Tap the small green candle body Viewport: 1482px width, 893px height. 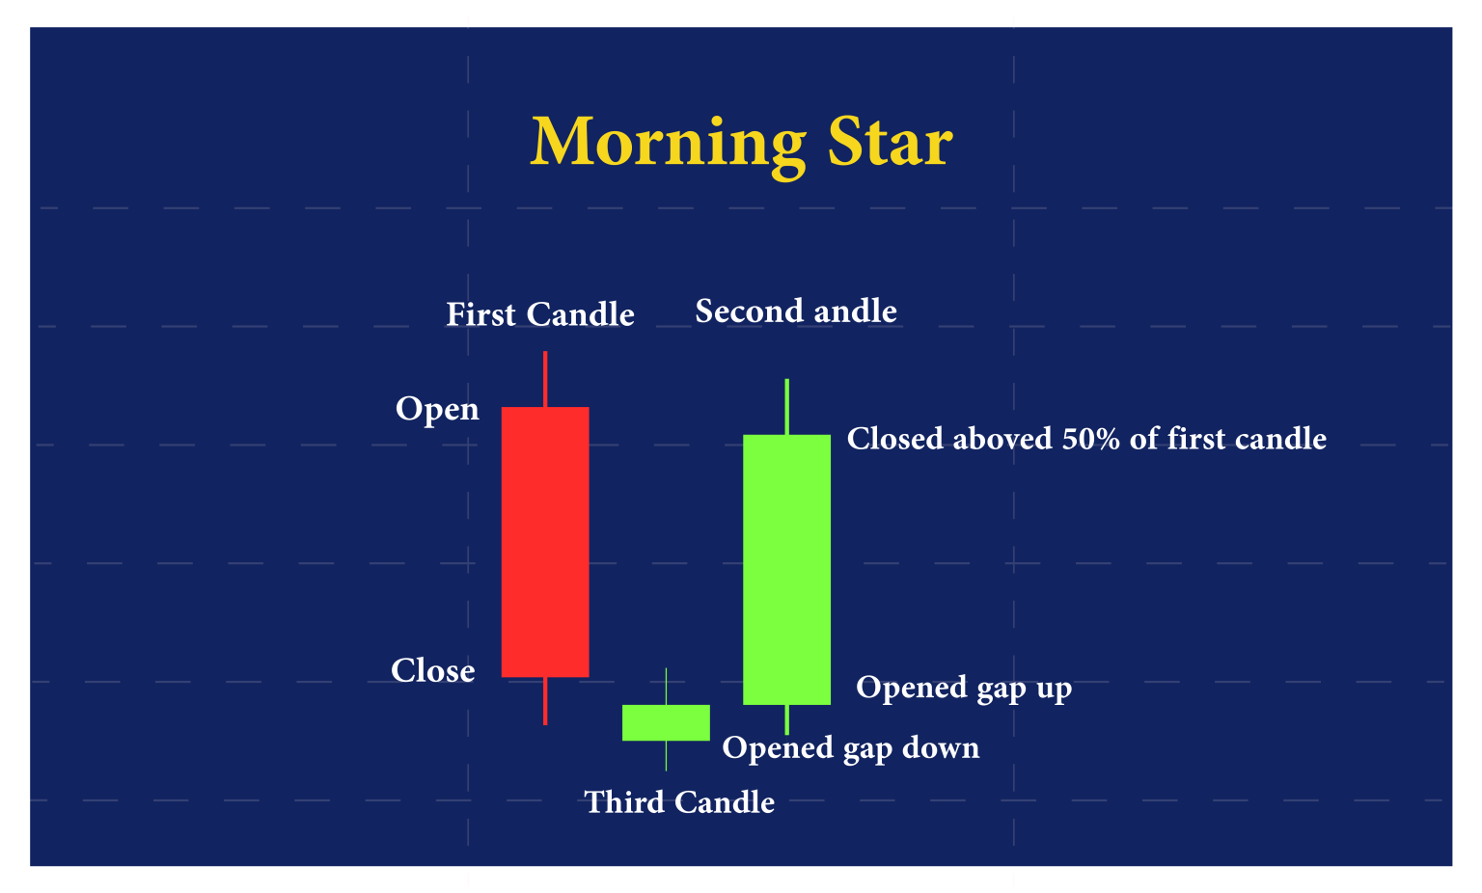click(666, 722)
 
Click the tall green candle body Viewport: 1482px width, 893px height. click(786, 569)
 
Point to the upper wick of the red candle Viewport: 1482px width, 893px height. click(545, 379)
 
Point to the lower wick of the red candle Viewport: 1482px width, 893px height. click(545, 701)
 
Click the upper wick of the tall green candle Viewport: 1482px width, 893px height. click(787, 406)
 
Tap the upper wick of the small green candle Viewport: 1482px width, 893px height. click(666, 686)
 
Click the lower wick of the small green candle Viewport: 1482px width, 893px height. click(666, 755)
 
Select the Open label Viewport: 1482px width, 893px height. click(437, 410)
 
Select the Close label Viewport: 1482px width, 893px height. click(432, 671)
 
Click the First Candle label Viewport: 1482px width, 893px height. click(539, 315)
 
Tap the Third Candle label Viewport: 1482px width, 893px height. click(679, 802)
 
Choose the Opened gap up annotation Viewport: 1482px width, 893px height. click(964, 689)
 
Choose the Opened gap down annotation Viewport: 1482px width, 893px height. click(850, 748)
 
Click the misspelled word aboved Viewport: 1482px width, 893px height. click(1002, 440)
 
